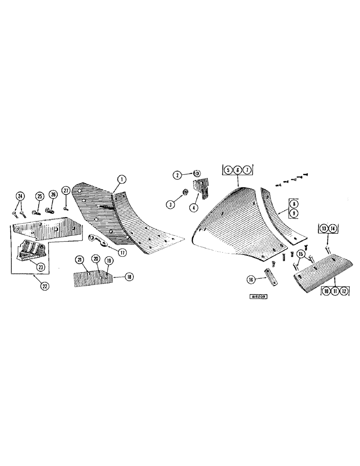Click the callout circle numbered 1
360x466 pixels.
pyautogui.click(x=121, y=178)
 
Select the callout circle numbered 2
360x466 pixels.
pyautogui.click(x=177, y=175)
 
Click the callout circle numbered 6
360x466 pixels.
pyautogui.click(x=238, y=171)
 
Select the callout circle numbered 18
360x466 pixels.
pyautogui.click(x=129, y=277)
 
